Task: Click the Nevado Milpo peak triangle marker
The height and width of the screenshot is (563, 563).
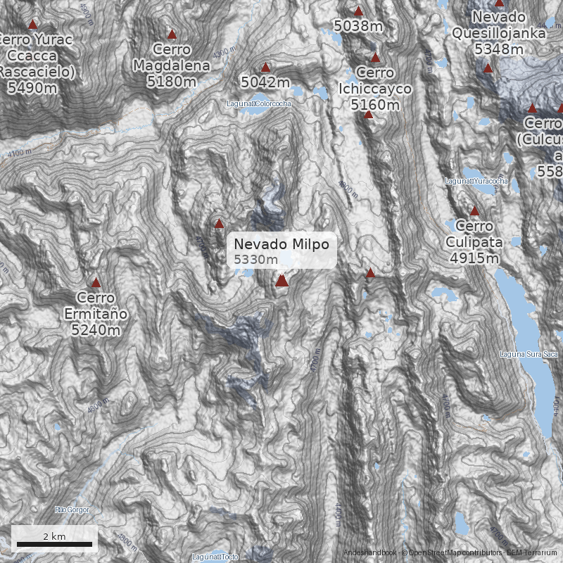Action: tap(282, 281)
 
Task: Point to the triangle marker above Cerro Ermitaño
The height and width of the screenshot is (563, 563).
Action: tap(96, 282)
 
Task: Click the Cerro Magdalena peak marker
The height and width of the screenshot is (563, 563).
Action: tap(172, 34)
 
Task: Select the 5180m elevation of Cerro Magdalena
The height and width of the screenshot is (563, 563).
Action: tap(171, 82)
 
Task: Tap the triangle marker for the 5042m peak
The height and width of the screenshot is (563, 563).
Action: tap(265, 68)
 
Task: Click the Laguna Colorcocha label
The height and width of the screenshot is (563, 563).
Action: tap(259, 103)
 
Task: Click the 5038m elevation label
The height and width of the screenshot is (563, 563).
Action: tap(358, 27)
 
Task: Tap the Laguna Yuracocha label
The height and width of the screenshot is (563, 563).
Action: tap(476, 182)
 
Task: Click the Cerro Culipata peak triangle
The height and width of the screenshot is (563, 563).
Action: tap(474, 210)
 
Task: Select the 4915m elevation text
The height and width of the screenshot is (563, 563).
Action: tap(474, 258)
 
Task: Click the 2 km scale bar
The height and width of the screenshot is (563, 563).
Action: tap(55, 543)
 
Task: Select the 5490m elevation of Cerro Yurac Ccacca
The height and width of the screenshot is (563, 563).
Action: tap(32, 87)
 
